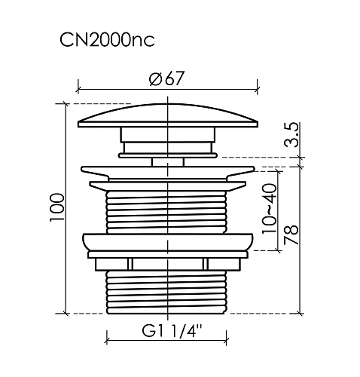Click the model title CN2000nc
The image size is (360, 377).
107,40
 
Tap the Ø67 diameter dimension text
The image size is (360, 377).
166,78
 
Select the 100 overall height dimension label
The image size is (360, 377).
57,207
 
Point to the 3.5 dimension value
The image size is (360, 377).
291,134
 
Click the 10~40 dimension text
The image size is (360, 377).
269,209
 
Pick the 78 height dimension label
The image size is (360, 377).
291,235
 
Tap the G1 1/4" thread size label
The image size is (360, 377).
172,331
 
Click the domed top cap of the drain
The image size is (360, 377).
168,115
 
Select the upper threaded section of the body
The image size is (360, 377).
166,213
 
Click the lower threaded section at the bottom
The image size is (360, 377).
166,293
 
